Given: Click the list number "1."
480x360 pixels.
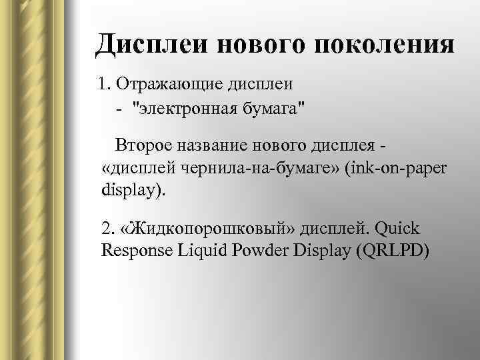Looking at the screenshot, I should click(104, 85).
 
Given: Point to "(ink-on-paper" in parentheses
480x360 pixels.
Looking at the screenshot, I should click(397, 167).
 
